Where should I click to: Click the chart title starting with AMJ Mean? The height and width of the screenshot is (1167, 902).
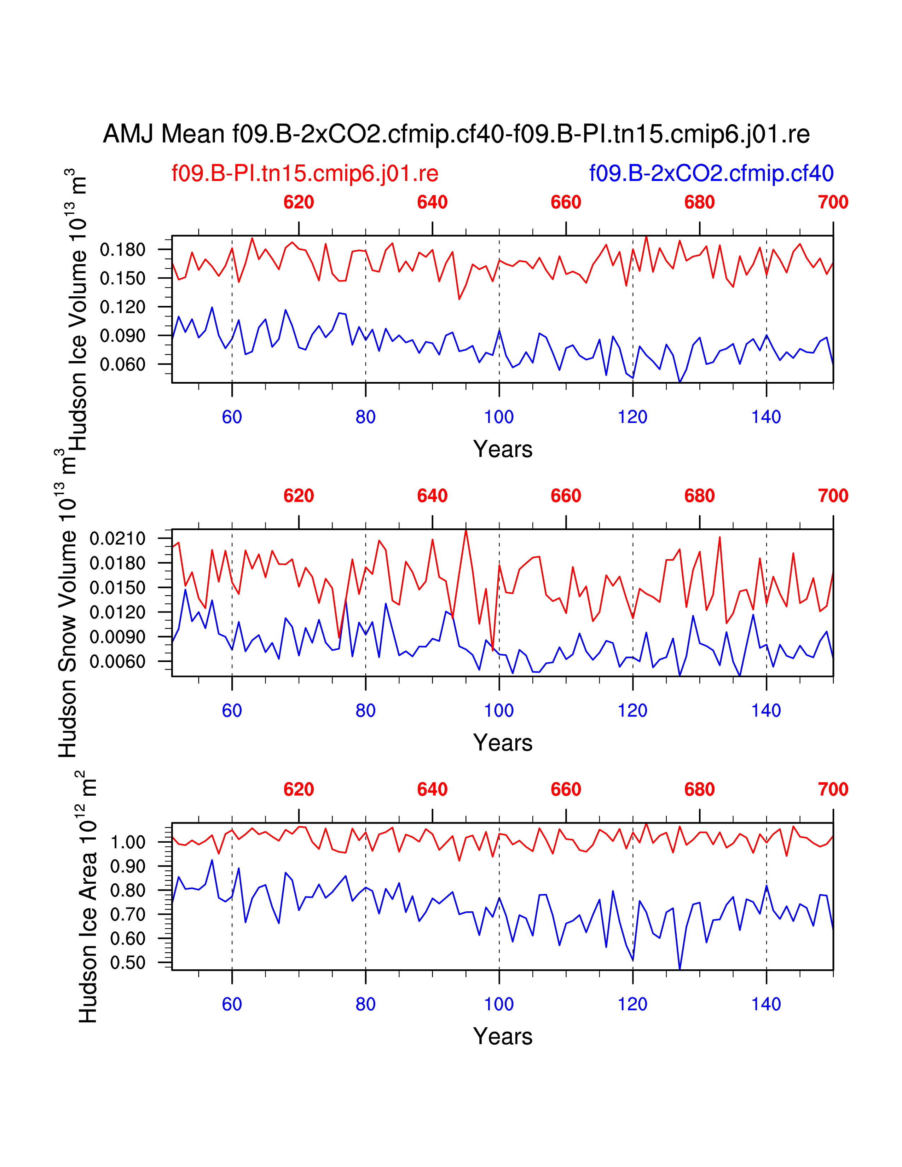tap(456, 134)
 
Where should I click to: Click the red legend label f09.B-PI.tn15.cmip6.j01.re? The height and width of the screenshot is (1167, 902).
tap(305, 174)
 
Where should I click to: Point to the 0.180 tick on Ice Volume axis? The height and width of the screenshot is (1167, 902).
tap(122, 250)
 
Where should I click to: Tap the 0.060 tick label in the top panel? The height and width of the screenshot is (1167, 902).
tap(122, 364)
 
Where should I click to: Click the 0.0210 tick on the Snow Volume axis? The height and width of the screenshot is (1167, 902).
tap(117, 538)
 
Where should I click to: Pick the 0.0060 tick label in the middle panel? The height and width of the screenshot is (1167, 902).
tap(117, 662)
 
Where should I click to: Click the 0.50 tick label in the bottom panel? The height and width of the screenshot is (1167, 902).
tap(128, 963)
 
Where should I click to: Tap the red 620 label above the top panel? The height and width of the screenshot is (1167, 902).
tap(299, 203)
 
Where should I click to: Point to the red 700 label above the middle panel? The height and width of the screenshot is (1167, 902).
tap(833, 496)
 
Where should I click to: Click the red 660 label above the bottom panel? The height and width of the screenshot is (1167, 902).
tap(566, 789)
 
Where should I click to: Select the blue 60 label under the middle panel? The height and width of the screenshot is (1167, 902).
tap(232, 711)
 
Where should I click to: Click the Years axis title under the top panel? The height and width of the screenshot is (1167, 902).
tap(502, 449)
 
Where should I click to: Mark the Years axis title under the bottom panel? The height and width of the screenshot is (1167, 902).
tap(502, 1036)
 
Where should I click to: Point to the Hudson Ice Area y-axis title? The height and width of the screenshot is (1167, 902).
tap(88, 897)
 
